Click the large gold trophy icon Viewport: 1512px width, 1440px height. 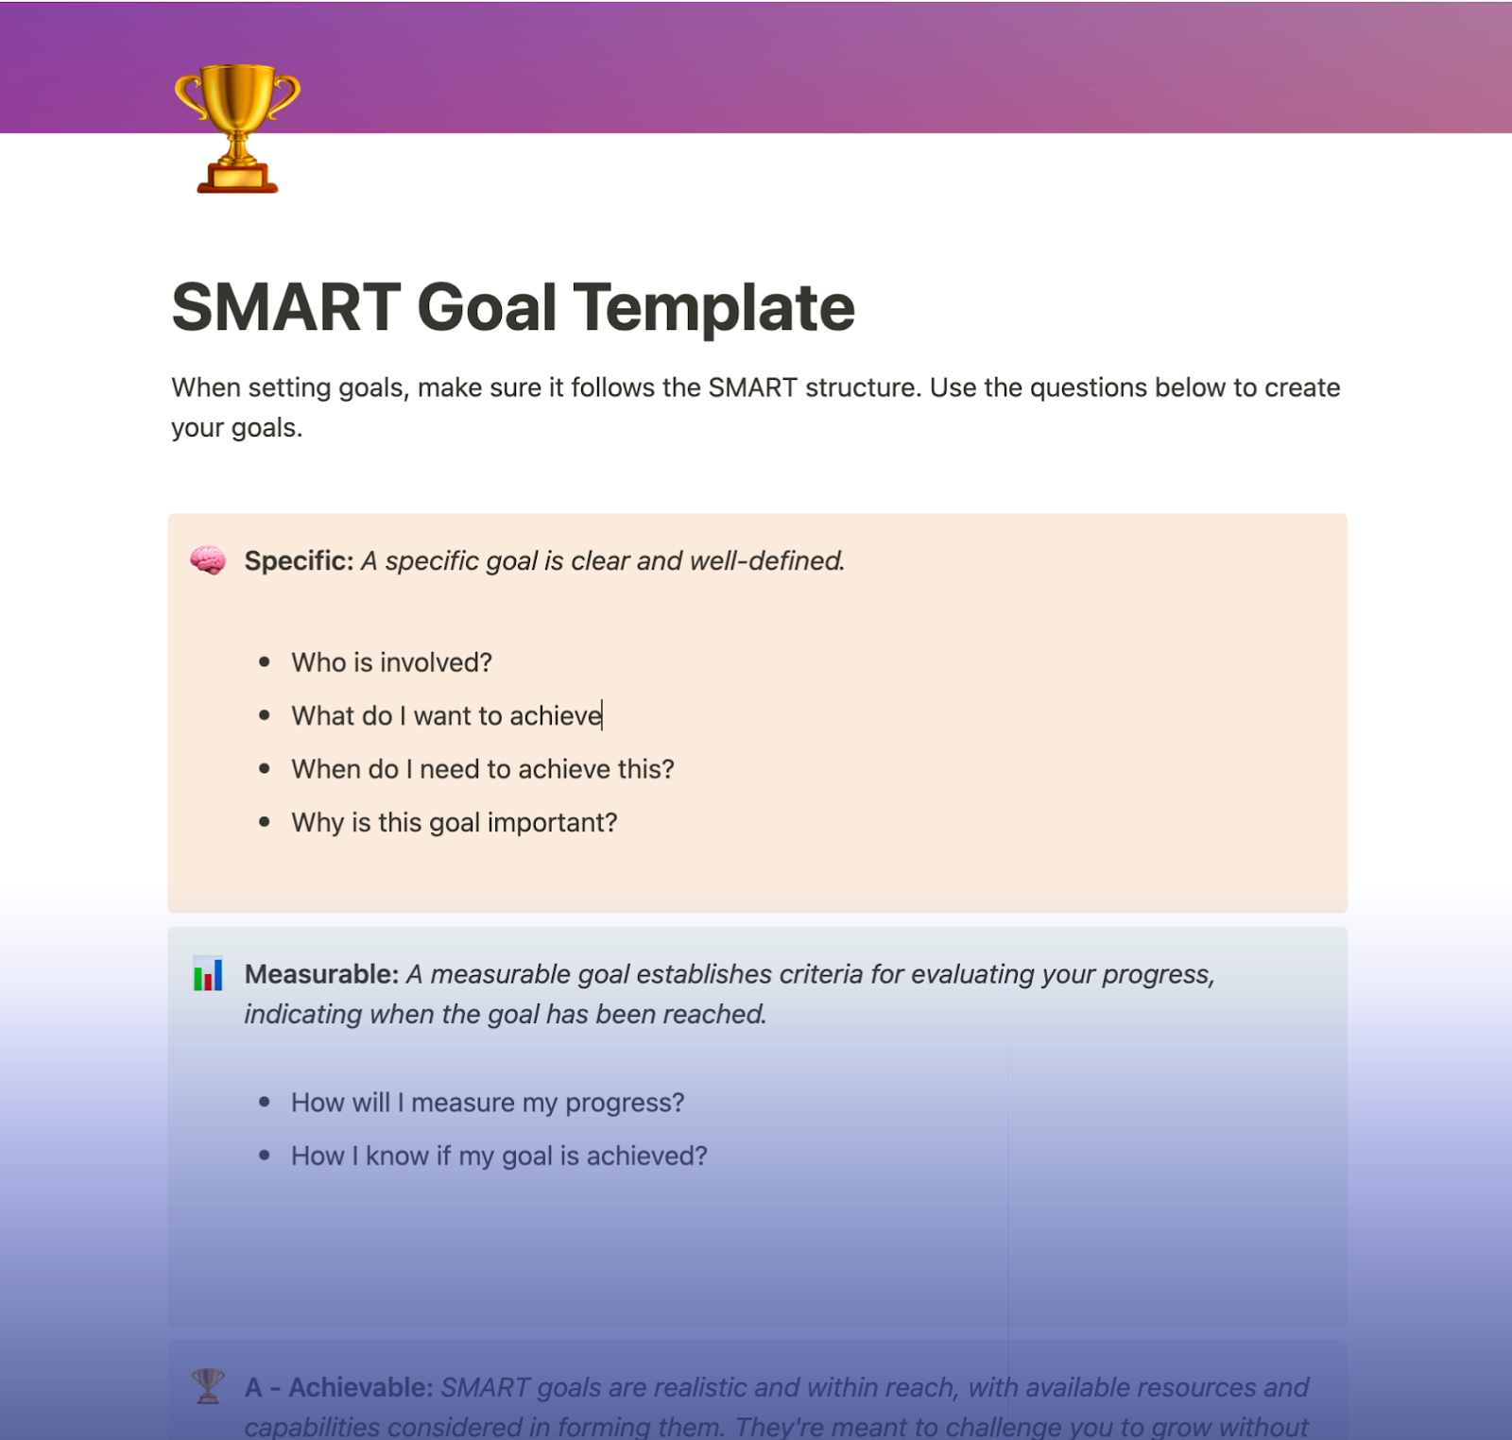tap(237, 128)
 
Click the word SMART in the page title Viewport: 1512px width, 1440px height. tap(286, 308)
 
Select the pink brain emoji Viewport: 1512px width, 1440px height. tap(208, 560)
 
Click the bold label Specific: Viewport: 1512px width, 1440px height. tap(299, 561)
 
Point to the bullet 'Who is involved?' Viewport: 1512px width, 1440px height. tap(391, 662)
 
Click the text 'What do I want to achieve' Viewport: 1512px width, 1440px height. tap(446, 716)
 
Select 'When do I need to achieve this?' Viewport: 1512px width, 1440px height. tap(482, 769)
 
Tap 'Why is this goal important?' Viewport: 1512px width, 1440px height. tap(454, 823)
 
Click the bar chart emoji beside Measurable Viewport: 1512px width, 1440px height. tap(208, 974)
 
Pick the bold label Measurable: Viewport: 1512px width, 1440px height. tap(321, 974)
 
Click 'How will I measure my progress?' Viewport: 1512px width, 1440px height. tap(488, 1103)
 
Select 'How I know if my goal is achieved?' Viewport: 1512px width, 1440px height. tap(499, 1157)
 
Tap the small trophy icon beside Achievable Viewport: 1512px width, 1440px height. tap(208, 1386)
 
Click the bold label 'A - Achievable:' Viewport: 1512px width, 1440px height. tap(338, 1388)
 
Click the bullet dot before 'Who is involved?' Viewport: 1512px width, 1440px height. tap(265, 662)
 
